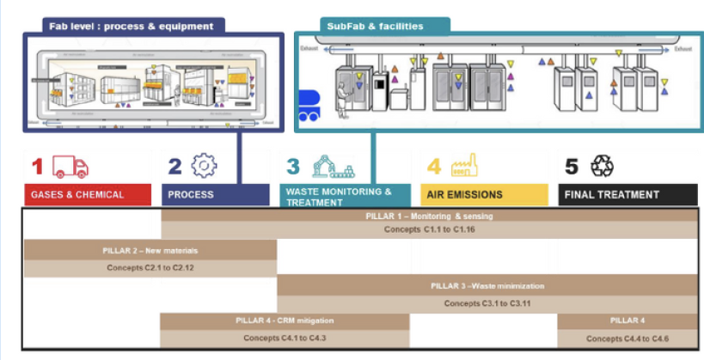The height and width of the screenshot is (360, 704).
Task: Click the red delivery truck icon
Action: (70, 166)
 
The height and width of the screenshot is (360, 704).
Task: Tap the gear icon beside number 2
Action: (204, 165)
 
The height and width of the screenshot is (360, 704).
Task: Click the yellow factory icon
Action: (464, 164)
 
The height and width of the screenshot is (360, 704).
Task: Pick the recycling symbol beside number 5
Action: (602, 165)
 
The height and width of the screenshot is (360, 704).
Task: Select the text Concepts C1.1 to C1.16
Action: (429, 229)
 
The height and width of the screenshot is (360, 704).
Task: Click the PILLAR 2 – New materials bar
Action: (150, 250)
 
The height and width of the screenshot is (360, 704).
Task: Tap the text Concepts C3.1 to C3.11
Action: (487, 303)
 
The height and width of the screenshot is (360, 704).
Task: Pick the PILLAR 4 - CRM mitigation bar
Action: (285, 320)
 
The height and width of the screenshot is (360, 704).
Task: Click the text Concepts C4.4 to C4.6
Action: (627, 339)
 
